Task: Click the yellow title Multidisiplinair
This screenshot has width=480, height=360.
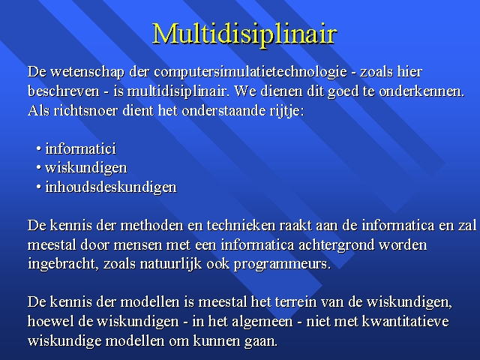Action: pos(244,34)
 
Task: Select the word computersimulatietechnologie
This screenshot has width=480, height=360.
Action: pos(250,72)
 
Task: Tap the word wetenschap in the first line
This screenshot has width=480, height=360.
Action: pos(88,72)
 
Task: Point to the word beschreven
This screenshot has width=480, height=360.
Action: pos(64,91)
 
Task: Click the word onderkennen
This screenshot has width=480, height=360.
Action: pos(421,91)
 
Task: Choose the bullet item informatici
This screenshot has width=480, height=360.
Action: pos(80,148)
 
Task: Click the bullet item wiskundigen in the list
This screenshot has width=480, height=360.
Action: pos(86,168)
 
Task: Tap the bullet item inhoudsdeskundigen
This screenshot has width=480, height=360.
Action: pos(111,187)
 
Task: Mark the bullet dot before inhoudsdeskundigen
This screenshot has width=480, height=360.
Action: pos(38,187)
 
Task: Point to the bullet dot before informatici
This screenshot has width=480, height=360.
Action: pos(38,148)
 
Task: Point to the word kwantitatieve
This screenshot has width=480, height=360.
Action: pos(405,321)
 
